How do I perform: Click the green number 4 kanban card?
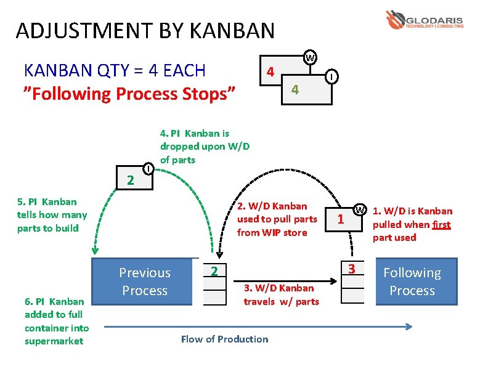point(295,89)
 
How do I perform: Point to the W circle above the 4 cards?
point(310,58)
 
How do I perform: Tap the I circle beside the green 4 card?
point(331,76)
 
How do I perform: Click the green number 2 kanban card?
point(130,180)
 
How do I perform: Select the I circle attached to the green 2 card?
point(148,168)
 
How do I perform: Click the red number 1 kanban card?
point(341,219)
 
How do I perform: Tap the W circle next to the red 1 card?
point(359,209)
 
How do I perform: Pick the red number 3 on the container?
point(352,268)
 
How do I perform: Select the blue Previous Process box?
point(145,282)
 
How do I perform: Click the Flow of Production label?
point(224,339)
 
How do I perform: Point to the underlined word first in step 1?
point(441,224)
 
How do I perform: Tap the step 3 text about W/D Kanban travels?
point(281,294)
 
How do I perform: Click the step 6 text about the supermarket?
point(57,321)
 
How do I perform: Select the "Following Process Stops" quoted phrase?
point(129,94)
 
